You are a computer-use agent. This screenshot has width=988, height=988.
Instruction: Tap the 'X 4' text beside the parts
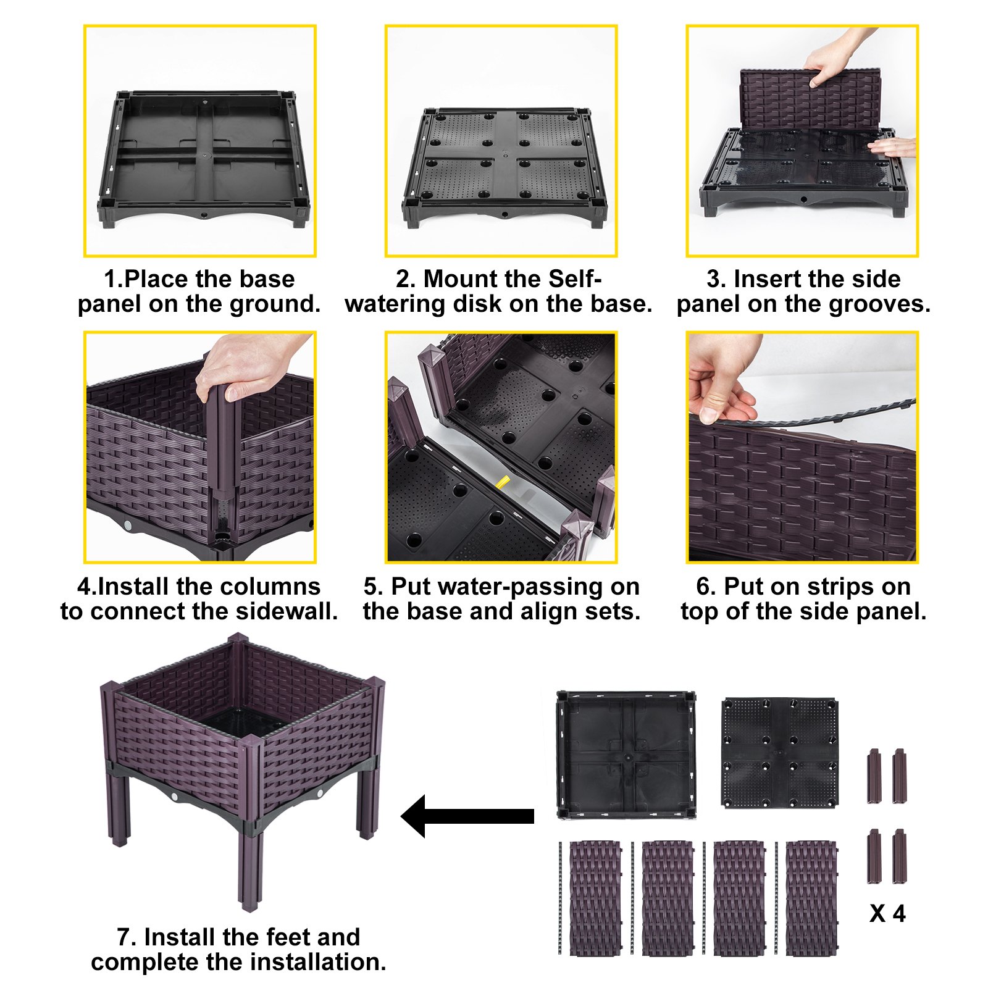887,913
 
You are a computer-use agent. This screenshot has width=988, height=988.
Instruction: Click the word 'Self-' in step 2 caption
575,279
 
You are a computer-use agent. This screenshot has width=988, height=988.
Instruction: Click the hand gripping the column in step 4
247,367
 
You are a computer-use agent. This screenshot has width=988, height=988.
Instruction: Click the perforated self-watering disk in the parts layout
780,752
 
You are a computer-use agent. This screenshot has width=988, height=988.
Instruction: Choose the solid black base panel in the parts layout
626,755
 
